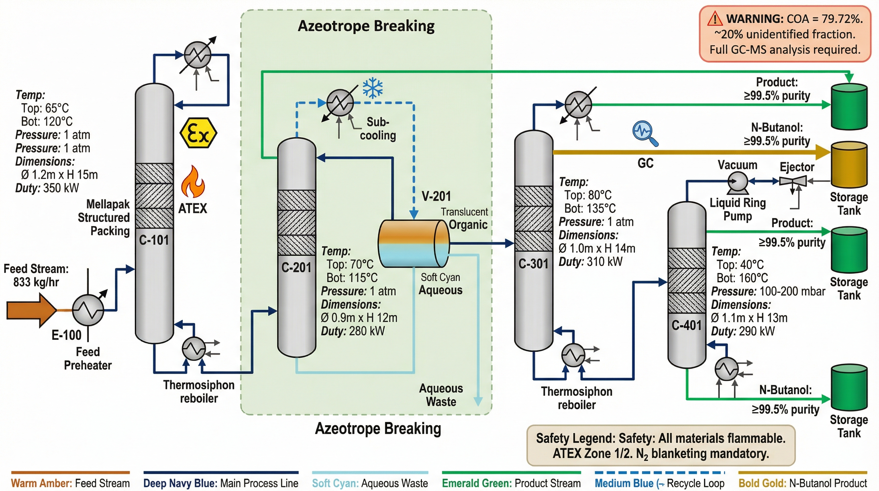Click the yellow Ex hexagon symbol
[x=198, y=133]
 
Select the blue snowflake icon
[x=372, y=88]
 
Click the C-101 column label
[x=154, y=240]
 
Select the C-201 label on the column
[x=296, y=267]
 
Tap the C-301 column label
[x=533, y=264]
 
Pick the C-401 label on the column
[x=686, y=325]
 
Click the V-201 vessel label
[x=436, y=196]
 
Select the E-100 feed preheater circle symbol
[x=88, y=310]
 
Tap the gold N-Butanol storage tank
[x=849, y=165]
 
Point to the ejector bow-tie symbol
[x=793, y=181]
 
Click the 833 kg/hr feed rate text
[x=36, y=282]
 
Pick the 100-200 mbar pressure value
[x=791, y=291]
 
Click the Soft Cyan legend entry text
[x=370, y=483]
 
